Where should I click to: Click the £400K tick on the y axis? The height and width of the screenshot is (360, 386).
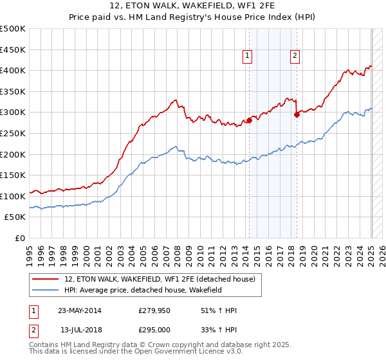[13, 70]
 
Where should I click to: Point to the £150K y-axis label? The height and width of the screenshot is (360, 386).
[13, 175]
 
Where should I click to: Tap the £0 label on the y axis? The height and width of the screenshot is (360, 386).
[19, 238]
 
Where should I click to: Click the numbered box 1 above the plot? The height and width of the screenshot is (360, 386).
[248, 57]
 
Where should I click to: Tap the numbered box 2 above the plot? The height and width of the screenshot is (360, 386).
[295, 57]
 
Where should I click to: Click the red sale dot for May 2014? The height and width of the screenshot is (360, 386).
[249, 120]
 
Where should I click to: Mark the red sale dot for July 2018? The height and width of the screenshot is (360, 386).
[297, 114]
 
